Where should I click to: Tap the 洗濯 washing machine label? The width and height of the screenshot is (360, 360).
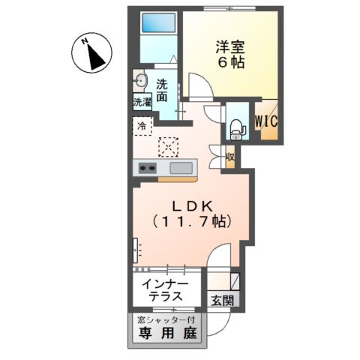142,101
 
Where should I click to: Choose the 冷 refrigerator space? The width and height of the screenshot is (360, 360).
142,126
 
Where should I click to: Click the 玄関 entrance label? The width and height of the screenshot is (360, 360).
222,301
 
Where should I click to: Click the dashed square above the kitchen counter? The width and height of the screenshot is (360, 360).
169,144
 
